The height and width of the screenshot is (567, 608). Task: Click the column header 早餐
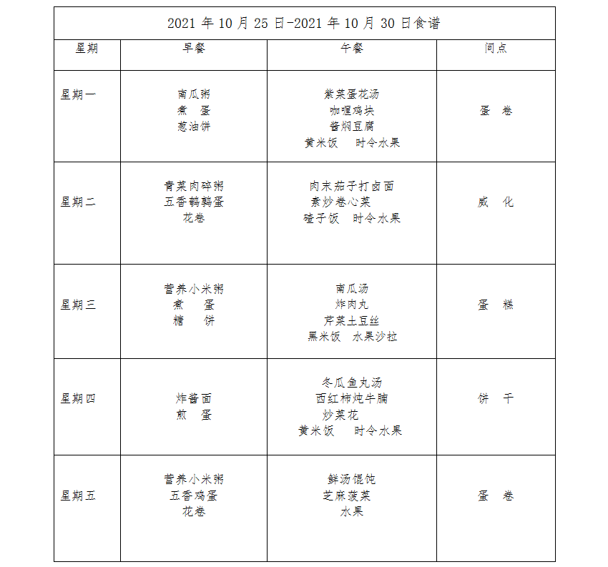(194, 48)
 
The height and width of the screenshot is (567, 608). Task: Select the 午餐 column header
(352, 48)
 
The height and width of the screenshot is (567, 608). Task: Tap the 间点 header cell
(496, 48)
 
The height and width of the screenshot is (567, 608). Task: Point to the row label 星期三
(78, 305)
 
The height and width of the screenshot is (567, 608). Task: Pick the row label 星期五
(78, 495)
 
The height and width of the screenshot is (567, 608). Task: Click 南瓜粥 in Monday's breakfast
(194, 94)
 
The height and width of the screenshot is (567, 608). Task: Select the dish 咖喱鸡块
(352, 110)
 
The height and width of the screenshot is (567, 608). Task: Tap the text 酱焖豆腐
(352, 127)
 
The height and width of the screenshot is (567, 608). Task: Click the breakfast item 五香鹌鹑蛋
(194, 202)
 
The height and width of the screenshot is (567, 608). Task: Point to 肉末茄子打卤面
(352, 186)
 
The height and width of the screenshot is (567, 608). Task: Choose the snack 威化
(496, 202)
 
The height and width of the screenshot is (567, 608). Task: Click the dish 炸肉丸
(352, 305)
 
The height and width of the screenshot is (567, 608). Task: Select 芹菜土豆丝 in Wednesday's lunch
(352, 321)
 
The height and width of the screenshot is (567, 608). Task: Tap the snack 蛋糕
(496, 305)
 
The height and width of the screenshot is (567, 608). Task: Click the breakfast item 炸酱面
(194, 398)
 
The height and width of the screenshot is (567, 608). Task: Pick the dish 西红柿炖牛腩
(352, 398)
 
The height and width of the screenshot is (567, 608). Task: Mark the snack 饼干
(496, 398)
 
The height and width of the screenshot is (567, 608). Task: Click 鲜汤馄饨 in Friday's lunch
(352, 479)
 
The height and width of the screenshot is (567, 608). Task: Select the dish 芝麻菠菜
(352, 495)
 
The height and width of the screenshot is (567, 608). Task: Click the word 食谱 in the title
(427, 23)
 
